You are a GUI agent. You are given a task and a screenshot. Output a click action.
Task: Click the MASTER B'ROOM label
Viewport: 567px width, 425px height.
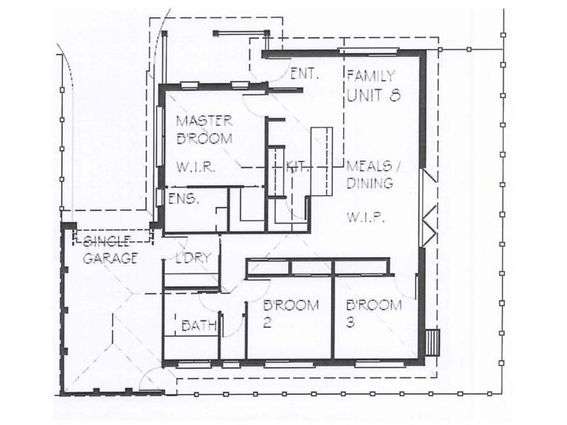click(x=204, y=130)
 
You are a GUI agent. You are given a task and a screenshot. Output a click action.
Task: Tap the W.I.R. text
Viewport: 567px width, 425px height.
click(x=196, y=167)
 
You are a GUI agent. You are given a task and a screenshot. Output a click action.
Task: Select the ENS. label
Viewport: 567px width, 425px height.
click(x=184, y=198)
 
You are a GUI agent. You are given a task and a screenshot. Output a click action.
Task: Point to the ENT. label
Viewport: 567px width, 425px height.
click(x=305, y=74)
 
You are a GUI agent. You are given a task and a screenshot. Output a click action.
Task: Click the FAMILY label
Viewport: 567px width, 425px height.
click(x=371, y=76)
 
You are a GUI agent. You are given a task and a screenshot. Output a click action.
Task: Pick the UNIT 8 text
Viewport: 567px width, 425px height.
click(x=374, y=95)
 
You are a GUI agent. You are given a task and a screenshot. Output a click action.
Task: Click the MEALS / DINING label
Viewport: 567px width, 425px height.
click(x=374, y=174)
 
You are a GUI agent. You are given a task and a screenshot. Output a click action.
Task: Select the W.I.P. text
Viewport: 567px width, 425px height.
click(x=365, y=217)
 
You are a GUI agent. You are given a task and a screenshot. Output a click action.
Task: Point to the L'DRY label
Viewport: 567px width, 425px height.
click(x=193, y=258)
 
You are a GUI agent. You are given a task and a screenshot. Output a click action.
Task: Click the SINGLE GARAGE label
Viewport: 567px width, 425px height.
click(x=110, y=250)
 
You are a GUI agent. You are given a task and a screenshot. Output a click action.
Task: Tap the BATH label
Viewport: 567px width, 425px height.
click(x=199, y=326)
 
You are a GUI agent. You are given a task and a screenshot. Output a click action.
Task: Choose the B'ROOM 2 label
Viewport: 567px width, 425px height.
click(x=291, y=313)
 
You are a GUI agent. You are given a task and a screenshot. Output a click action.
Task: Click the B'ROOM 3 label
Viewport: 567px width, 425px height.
click(x=374, y=313)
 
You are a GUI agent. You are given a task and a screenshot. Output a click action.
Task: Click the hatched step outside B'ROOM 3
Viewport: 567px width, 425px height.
click(x=432, y=343)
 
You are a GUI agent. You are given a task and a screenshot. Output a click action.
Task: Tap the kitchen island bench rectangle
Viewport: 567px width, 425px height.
click(x=322, y=161)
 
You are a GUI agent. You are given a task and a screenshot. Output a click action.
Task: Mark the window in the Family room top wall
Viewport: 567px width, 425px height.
click(x=368, y=50)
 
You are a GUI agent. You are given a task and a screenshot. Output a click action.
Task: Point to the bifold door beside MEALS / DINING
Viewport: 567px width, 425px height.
click(x=430, y=208)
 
